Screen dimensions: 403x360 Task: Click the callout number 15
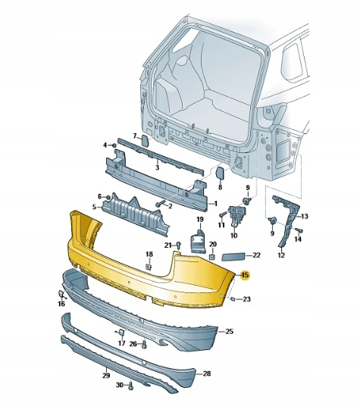click(x=244, y=276)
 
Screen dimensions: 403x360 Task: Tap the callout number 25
click(x=230, y=332)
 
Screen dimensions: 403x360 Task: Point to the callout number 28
click(x=206, y=373)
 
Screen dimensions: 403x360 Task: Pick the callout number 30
click(x=120, y=386)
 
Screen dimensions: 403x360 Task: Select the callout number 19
click(x=201, y=220)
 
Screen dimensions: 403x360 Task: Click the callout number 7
click(x=136, y=136)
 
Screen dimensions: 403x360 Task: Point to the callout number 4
click(x=105, y=144)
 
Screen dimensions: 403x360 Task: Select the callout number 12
click(x=280, y=255)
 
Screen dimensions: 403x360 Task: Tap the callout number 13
click(x=303, y=217)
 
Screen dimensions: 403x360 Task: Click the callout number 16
click(x=61, y=303)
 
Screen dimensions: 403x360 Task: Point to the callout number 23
click(x=247, y=300)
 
